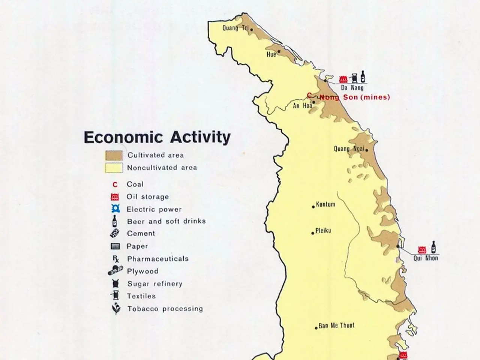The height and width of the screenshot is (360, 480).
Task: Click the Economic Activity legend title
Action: pyautogui.click(x=157, y=137)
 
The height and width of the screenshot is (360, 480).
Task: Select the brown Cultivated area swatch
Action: pyautogui.click(x=114, y=155)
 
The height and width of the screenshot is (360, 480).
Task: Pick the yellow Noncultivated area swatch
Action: pyautogui.click(x=114, y=168)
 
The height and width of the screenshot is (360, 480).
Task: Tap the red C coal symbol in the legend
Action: pyautogui.click(x=115, y=184)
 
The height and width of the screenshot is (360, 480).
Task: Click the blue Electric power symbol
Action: pyautogui.click(x=115, y=209)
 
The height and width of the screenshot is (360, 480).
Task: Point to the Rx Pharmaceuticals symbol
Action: pyautogui.click(x=115, y=259)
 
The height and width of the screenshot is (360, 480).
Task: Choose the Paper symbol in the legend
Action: pyautogui.click(x=115, y=246)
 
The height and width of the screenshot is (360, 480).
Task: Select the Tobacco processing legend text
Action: pyautogui.click(x=165, y=309)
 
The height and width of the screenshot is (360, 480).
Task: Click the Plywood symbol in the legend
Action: pyautogui.click(x=115, y=270)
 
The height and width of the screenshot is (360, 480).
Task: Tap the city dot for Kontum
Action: pyautogui.click(x=313, y=207)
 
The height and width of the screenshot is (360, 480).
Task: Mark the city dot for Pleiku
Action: pyautogui.click(x=313, y=233)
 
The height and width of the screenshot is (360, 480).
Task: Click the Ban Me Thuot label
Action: pyautogui.click(x=336, y=325)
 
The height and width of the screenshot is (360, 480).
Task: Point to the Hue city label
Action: pyautogui.click(x=271, y=54)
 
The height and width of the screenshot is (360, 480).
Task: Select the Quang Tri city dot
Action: pyautogui.click(x=252, y=30)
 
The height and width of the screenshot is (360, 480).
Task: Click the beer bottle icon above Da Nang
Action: pyautogui.click(x=363, y=76)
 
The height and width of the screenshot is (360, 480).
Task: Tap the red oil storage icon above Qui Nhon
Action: pyautogui.click(x=422, y=250)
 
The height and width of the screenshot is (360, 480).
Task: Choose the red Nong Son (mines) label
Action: pyautogui.click(x=354, y=97)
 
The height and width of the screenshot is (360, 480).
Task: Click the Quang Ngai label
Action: pyautogui.click(x=349, y=149)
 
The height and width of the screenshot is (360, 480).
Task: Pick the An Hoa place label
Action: pyautogui.click(x=302, y=106)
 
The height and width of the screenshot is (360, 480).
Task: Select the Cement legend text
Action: pyautogui.click(x=141, y=234)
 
